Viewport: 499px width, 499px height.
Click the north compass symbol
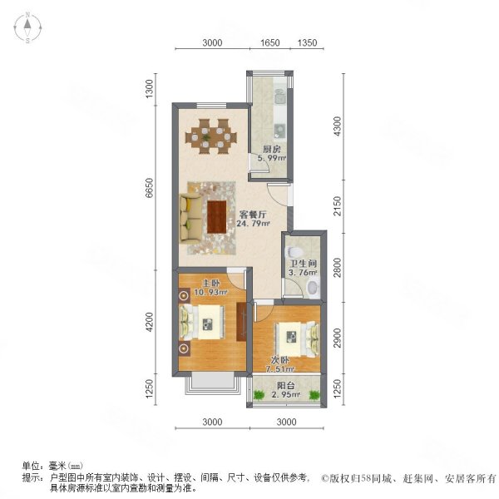27,28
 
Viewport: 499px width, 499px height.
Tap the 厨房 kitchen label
271,150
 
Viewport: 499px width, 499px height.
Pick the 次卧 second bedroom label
289,359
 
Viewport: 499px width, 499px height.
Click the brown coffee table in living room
219,216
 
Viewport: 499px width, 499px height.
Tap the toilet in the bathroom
311,287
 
